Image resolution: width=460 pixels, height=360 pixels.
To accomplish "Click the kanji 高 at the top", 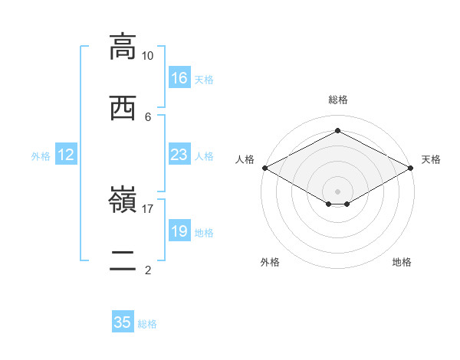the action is (x=123, y=47).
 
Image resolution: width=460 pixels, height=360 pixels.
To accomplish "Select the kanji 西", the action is (x=123, y=108).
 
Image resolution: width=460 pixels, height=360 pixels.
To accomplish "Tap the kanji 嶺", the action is (x=123, y=199).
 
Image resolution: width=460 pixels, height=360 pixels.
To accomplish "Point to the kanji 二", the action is (x=123, y=260).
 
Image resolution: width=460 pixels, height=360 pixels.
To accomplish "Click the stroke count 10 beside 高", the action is (x=147, y=56).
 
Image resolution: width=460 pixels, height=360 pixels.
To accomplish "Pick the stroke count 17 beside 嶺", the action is (x=147, y=209).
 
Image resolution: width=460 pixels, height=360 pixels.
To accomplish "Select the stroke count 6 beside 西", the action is (x=148, y=117).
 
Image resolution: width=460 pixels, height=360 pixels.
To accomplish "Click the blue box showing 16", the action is (x=179, y=77).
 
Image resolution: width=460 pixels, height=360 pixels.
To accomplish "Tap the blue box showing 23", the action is (x=179, y=154).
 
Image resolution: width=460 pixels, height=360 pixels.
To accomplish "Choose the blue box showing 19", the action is (x=179, y=230).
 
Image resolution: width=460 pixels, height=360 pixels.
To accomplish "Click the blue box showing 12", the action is (x=66, y=154).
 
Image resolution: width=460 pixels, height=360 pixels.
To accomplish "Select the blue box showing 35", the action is (x=123, y=321).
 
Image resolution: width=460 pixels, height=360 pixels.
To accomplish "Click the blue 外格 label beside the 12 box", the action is (x=41, y=156).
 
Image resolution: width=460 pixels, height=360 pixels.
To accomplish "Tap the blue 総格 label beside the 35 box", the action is (x=147, y=324).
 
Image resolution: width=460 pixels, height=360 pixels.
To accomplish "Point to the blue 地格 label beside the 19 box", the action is (x=204, y=233).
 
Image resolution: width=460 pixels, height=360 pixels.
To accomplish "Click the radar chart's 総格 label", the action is (x=338, y=100).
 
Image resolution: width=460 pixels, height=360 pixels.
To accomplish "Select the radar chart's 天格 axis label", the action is (x=431, y=159).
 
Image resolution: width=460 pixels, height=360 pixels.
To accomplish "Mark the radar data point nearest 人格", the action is (x=265, y=168).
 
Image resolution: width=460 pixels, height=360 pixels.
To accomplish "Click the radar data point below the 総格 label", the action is (x=337, y=130).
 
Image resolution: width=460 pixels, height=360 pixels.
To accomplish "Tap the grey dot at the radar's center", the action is (x=337, y=191).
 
